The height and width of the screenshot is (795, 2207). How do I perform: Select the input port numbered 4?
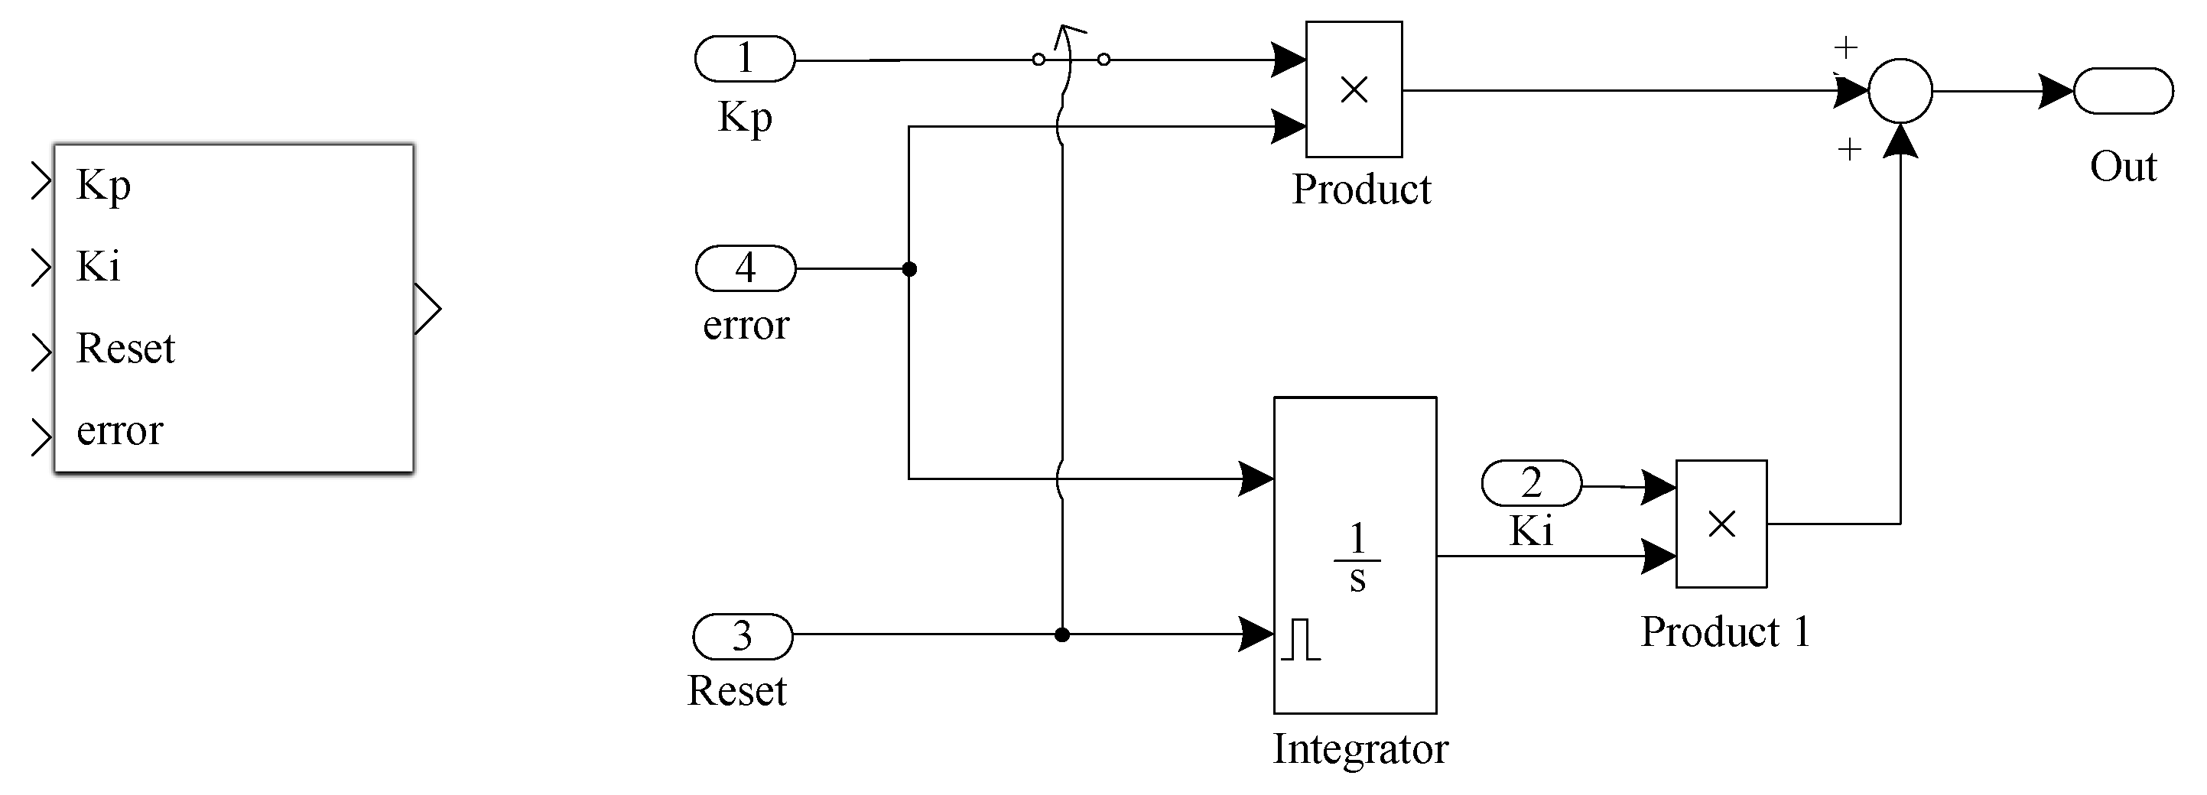(746, 268)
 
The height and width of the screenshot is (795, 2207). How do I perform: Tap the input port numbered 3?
(743, 637)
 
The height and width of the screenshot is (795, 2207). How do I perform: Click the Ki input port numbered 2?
(1531, 483)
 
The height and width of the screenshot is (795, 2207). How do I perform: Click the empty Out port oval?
(2122, 91)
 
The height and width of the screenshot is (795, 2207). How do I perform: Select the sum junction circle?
(1900, 91)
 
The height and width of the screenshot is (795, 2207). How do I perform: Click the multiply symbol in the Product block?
(1354, 90)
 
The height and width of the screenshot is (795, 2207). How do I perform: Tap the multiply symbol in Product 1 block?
(1721, 524)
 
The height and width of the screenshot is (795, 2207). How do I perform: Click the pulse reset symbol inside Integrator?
(1302, 639)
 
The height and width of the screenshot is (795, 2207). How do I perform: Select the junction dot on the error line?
(909, 269)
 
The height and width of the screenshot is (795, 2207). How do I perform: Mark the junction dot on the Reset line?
(1061, 634)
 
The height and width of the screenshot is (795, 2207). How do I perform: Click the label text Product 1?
(1724, 632)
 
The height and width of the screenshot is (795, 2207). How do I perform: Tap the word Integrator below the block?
(1360, 748)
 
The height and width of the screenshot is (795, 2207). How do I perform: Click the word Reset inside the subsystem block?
(125, 349)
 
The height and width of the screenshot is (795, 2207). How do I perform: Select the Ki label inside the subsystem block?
(98, 267)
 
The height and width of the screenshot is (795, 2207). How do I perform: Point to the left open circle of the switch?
(1038, 60)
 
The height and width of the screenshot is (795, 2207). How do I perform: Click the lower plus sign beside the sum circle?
(1850, 151)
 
